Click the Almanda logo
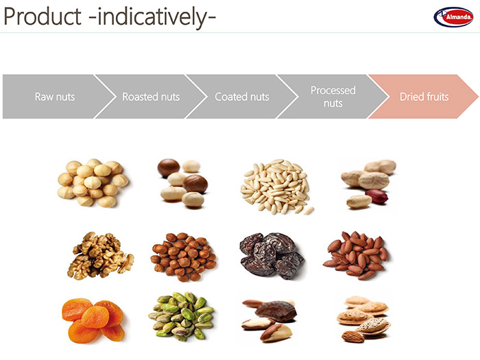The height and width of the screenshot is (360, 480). (453, 17)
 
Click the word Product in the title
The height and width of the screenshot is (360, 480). (43, 16)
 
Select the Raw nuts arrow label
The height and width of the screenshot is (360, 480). (55, 97)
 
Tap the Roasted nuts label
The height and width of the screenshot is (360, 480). (151, 97)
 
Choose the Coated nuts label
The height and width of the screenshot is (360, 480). (242, 97)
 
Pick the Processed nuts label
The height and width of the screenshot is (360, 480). (333, 97)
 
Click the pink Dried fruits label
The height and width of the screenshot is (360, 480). (424, 97)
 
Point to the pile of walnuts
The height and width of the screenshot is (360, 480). (100, 256)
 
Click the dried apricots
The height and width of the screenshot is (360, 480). (93, 321)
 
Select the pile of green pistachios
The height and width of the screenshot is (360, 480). (181, 317)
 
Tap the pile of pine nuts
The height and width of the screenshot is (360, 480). (277, 187)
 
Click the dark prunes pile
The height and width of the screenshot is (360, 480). (272, 256)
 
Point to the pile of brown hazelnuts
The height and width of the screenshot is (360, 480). (183, 257)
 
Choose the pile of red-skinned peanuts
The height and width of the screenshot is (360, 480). (356, 256)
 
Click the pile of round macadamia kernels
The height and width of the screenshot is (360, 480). (93, 183)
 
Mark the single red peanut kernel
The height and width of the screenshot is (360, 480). (376, 197)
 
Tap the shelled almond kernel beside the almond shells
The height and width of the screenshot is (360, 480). (353, 337)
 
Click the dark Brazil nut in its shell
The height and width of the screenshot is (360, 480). (276, 311)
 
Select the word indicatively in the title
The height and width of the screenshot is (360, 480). (152, 16)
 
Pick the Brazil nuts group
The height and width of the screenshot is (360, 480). (269, 320)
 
